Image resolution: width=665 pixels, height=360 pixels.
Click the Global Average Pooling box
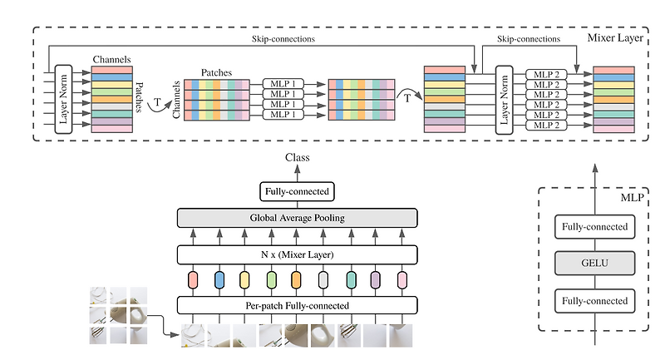tap(297, 219)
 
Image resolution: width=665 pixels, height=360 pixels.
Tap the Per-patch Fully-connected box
tap(297, 306)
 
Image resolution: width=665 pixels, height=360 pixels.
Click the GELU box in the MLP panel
tap(595, 263)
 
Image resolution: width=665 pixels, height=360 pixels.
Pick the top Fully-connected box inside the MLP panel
tap(595, 226)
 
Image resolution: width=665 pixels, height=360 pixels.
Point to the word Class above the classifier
tap(297, 157)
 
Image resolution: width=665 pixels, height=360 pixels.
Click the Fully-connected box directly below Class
tap(297, 192)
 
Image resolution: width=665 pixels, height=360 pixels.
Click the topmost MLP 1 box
tap(284, 84)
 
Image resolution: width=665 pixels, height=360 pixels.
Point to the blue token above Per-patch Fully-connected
tap(219, 279)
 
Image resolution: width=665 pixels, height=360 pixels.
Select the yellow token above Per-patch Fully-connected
tap(245, 279)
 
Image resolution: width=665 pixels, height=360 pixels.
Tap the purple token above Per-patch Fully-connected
tap(377, 279)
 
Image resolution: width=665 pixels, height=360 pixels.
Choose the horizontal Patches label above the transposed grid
tap(218, 73)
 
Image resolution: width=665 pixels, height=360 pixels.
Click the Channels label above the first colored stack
tap(111, 60)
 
